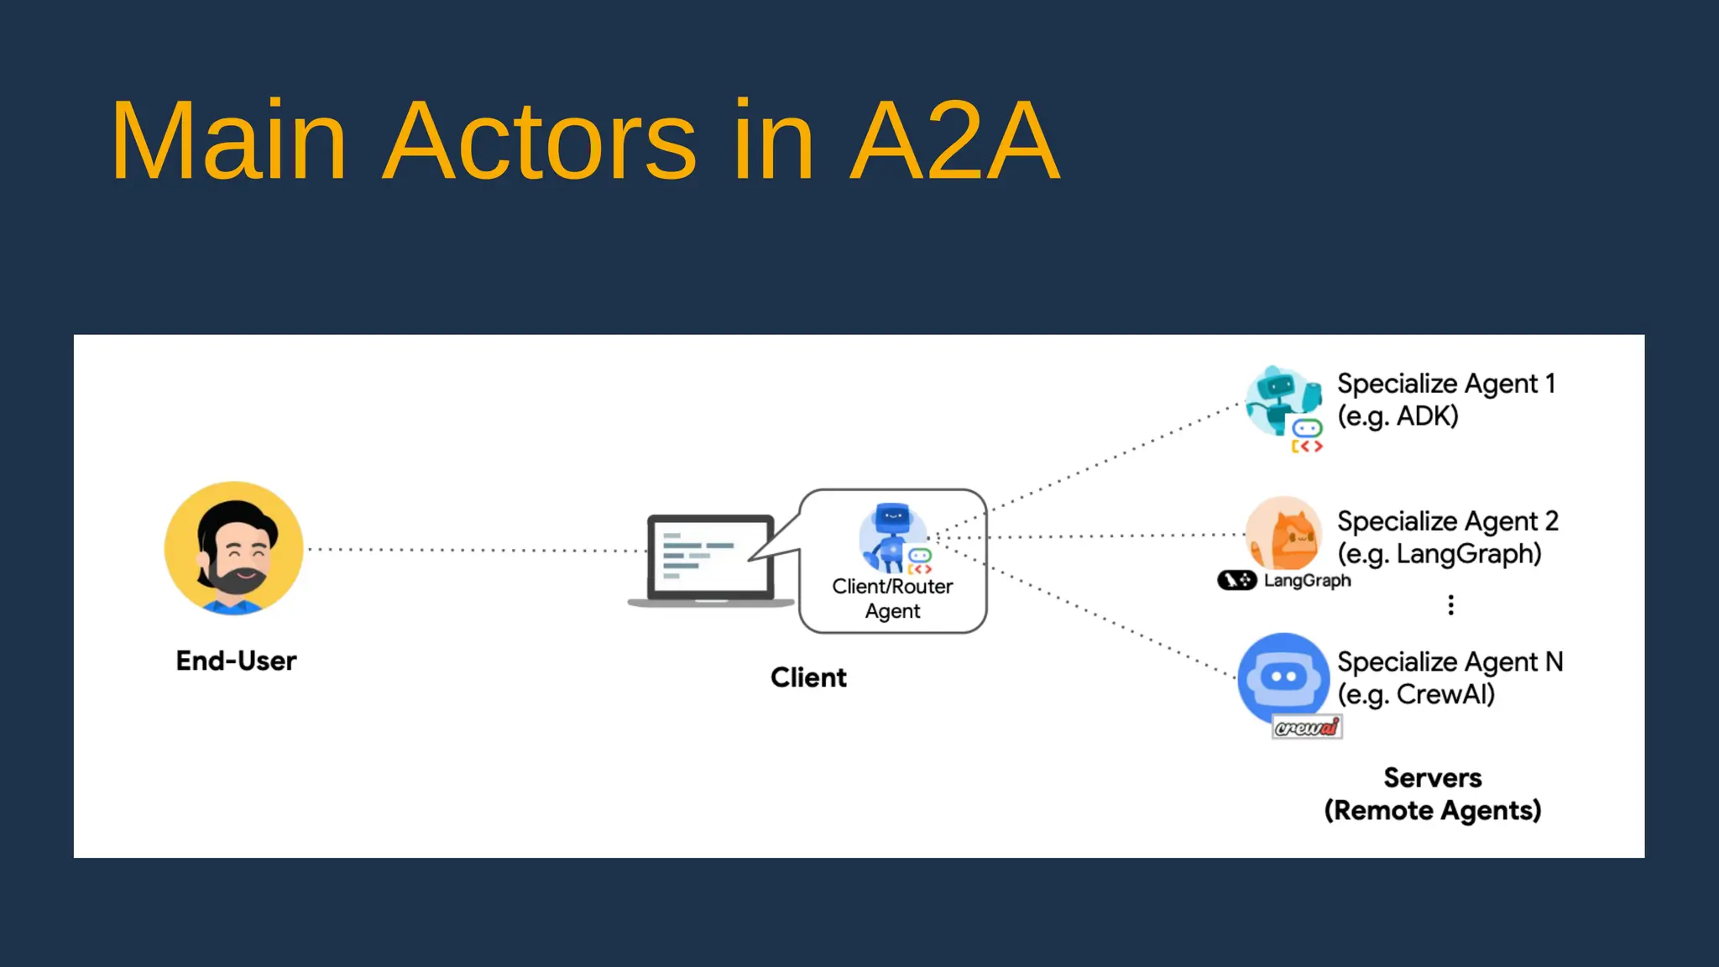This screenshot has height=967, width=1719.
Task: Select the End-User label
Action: pos(236,661)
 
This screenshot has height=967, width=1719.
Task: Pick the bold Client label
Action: pos(808,677)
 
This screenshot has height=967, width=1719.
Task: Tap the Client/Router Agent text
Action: pos(892,598)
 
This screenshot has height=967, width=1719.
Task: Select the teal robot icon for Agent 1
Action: pos(1279,402)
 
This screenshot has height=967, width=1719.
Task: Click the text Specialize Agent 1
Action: pos(1445,384)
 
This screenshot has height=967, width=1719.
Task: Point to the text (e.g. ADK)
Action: pos(1398,416)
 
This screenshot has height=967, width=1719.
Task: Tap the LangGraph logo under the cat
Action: pos(1283,580)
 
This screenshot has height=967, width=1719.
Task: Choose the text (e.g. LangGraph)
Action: pos(1439,554)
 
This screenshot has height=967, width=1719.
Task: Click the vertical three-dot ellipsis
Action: pos(1450,605)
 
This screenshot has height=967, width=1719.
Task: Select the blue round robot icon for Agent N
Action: pos(1283,677)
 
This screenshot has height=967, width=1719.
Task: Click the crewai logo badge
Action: pos(1306,727)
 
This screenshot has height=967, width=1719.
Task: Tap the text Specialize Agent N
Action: pos(1450,662)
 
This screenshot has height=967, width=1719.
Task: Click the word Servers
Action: pos(1432,778)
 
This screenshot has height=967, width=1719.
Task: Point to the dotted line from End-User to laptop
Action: pos(474,551)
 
